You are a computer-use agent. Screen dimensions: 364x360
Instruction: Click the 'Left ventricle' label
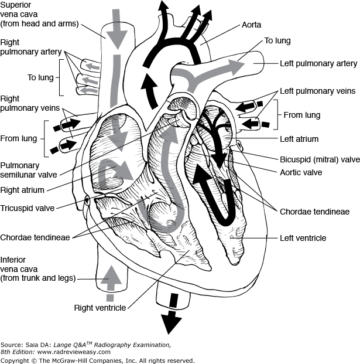(303, 238)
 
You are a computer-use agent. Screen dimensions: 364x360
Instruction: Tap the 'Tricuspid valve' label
(27, 208)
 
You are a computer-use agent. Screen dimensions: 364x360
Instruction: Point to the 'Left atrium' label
(299, 139)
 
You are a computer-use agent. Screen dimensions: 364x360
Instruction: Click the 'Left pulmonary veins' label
(318, 91)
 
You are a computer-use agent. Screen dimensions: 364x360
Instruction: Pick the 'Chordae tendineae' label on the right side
(307, 211)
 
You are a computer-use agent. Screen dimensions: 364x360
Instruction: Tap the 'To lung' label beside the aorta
(277, 40)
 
